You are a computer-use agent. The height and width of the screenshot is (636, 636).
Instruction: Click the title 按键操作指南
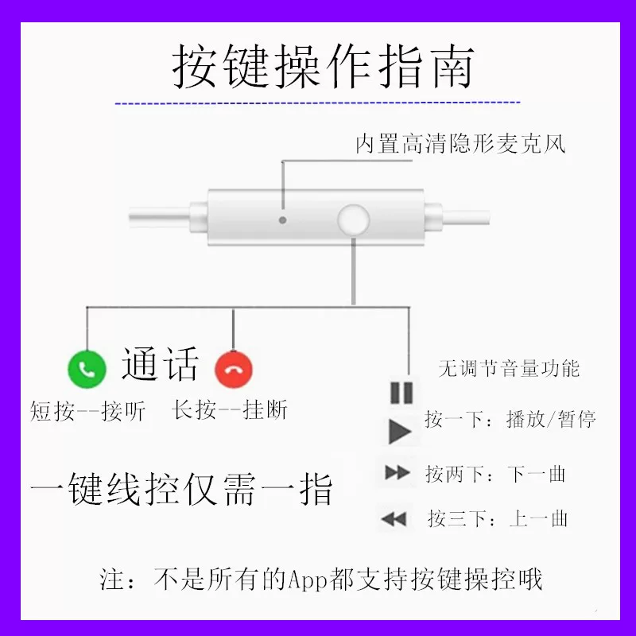tap(324, 66)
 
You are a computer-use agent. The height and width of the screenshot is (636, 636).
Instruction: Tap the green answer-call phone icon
tap(87, 369)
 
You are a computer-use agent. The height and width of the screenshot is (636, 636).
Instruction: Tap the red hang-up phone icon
tap(234, 370)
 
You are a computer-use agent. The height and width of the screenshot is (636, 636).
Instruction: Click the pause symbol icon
tap(401, 393)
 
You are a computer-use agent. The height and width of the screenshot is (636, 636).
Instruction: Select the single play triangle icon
tap(400, 432)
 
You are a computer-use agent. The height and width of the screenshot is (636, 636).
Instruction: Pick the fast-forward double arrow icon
tap(397, 472)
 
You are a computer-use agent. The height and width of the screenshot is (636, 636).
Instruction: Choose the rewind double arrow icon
tap(394, 519)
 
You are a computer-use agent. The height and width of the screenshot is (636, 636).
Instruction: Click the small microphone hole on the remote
tap(283, 220)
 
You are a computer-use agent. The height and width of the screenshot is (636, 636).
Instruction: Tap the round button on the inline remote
tap(353, 220)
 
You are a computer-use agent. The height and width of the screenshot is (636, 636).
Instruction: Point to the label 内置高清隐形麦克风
tap(461, 144)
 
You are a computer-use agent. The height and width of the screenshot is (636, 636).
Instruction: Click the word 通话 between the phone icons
tap(161, 364)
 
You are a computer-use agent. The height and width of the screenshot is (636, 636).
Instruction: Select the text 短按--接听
tap(87, 411)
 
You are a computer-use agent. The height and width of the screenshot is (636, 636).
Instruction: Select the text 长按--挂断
tap(230, 409)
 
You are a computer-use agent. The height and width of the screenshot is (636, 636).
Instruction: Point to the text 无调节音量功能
tap(509, 368)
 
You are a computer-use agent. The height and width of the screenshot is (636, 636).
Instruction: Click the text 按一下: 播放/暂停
tap(510, 419)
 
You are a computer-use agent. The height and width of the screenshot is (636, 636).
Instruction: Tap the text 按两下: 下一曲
tap(495, 474)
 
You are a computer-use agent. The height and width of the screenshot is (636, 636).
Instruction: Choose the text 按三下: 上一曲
tap(498, 518)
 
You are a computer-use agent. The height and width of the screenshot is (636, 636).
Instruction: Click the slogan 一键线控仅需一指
tap(181, 489)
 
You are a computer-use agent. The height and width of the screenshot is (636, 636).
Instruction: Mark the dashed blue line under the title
tap(317, 103)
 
